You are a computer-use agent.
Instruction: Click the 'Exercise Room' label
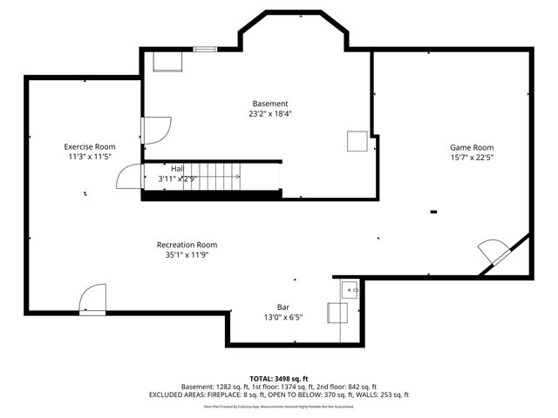pyautogui.click(x=90, y=146)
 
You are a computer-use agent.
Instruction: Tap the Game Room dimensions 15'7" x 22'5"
pyautogui.click(x=472, y=158)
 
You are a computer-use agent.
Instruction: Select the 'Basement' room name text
pyautogui.click(x=270, y=104)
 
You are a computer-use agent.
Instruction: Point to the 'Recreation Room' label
pyautogui.click(x=187, y=245)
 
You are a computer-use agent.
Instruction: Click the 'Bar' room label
pyautogui.click(x=283, y=307)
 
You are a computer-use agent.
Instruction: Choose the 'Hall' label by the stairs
pyautogui.click(x=177, y=169)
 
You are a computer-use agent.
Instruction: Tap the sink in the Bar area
pyautogui.click(x=350, y=288)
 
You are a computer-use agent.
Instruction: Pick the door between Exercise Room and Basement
pyautogui.click(x=153, y=129)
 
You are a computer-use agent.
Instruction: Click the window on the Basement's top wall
pyautogui.click(x=205, y=49)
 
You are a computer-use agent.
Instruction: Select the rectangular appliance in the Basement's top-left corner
pyautogui.click(x=167, y=60)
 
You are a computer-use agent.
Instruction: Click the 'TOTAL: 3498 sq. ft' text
pyautogui.click(x=279, y=379)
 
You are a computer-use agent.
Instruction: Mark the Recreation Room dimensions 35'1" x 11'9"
pyautogui.click(x=187, y=255)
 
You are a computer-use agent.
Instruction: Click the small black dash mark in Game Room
pyautogui.click(x=433, y=211)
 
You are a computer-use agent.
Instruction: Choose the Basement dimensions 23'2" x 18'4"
pyautogui.click(x=270, y=114)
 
